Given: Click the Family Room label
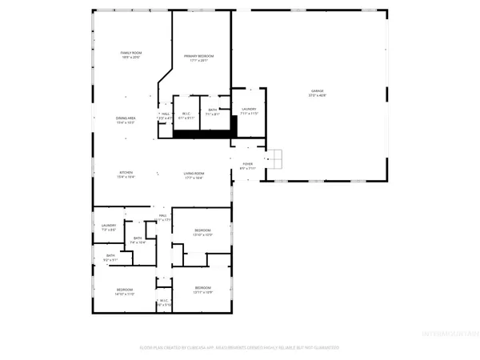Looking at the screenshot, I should (130, 54).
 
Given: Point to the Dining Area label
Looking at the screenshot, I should (128, 120).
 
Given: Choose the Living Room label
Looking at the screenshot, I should (194, 175).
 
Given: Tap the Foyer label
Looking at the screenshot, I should (247, 166).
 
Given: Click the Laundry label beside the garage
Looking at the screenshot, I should (248, 110).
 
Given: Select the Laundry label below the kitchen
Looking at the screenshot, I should (109, 227).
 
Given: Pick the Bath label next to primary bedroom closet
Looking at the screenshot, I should (213, 112).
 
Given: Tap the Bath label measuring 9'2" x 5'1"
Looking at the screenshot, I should (110, 258).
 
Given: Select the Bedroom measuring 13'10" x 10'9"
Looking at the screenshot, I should (202, 232).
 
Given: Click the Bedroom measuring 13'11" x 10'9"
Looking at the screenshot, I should (202, 290).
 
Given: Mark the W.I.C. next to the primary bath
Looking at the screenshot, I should (188, 114).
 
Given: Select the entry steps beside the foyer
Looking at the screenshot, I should (276, 159).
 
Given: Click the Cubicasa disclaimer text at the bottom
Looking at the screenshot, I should (240, 348).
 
